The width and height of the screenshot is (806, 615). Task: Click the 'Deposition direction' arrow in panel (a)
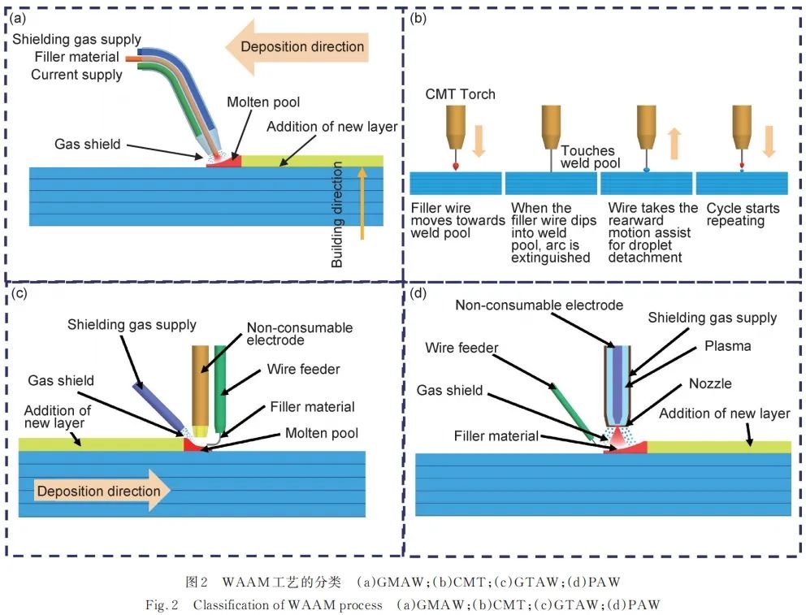(x=297, y=46)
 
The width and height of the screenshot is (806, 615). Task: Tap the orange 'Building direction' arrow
(x=362, y=203)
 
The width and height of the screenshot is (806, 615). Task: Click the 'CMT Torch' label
(x=460, y=94)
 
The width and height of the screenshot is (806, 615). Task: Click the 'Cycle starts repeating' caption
(x=743, y=214)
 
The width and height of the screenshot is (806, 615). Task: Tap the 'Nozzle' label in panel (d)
(x=710, y=383)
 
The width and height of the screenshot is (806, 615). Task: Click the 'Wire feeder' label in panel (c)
(x=303, y=370)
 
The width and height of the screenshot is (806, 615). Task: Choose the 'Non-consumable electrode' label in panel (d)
(x=539, y=305)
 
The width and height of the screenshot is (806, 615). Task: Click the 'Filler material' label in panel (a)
(x=76, y=57)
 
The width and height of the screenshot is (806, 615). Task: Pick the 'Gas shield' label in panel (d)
(x=449, y=390)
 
